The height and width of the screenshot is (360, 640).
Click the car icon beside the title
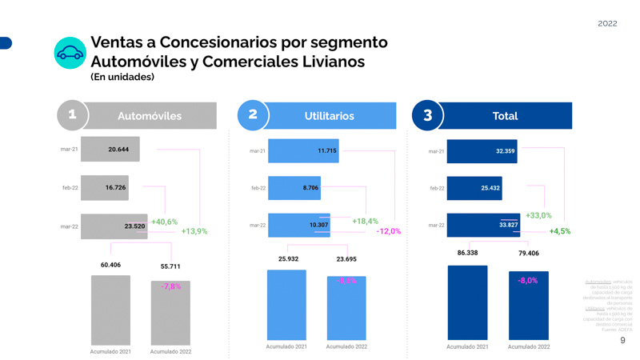[x=70, y=54]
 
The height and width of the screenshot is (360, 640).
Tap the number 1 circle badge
[x=72, y=115]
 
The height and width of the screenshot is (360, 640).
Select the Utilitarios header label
[x=329, y=116]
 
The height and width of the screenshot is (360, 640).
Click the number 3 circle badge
[x=427, y=116]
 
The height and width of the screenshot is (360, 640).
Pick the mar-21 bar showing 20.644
[x=110, y=150]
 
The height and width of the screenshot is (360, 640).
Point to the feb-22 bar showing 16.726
[x=105, y=188]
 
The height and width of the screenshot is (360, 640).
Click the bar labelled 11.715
[x=303, y=151]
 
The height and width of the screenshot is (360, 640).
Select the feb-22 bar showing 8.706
[x=294, y=188]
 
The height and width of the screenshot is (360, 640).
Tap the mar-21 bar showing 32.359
[x=482, y=151]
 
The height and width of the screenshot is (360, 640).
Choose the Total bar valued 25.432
[x=474, y=189]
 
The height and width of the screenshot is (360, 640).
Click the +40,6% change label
[x=165, y=222]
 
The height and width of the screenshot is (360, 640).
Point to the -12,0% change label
[x=389, y=231]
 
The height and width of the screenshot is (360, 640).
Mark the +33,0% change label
[x=538, y=216]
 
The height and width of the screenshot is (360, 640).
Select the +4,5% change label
[x=559, y=231]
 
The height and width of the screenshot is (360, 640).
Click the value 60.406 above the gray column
[x=110, y=265]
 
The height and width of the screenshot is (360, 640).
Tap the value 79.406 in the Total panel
[x=528, y=254]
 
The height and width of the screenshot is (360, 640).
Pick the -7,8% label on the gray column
[x=171, y=286]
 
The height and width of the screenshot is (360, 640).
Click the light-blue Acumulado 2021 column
[x=286, y=305]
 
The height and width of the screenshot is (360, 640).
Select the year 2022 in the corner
[x=607, y=23]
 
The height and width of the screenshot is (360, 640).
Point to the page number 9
[x=623, y=341]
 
